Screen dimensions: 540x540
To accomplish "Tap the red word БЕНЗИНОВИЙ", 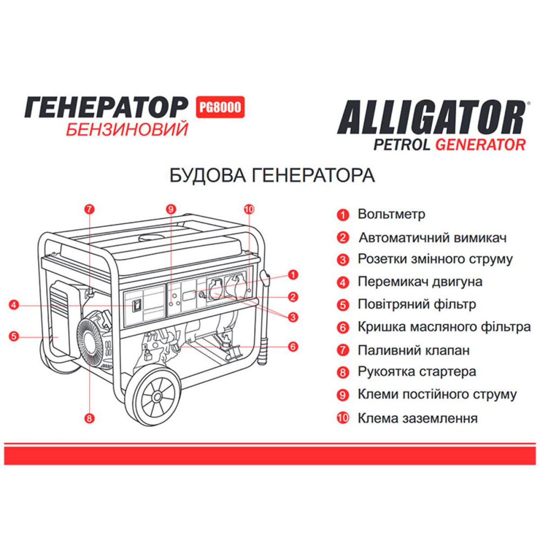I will [x=127, y=130].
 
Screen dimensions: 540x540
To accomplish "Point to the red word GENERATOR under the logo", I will [x=480, y=145].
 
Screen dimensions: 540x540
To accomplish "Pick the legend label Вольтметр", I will [x=391, y=214].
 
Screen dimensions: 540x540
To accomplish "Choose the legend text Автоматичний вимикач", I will [x=433, y=238].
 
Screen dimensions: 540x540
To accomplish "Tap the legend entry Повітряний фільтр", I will [x=417, y=304].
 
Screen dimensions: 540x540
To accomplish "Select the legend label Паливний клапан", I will [x=414, y=350].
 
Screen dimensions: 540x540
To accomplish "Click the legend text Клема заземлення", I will [x=417, y=418].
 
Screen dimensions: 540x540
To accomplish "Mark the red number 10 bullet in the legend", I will [x=342, y=418].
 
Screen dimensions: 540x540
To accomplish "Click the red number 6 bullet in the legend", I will [x=342, y=327].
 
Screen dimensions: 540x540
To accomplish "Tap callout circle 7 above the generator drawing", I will [x=90, y=208].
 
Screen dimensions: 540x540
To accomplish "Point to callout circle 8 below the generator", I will [x=90, y=417].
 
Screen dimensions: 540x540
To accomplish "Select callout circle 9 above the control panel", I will [x=171, y=208].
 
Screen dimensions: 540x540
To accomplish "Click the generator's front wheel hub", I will [x=157, y=397].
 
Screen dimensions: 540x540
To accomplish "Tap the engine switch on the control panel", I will [x=138, y=306].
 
